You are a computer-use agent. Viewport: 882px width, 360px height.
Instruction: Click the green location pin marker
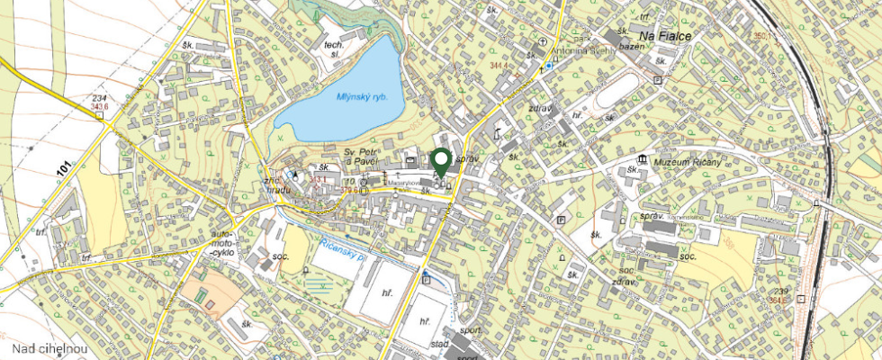(440, 162)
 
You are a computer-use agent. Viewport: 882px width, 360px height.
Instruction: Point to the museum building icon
(641, 158)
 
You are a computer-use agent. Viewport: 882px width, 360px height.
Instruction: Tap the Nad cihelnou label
(49, 348)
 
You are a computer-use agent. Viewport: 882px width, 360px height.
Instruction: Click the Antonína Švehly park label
(585, 50)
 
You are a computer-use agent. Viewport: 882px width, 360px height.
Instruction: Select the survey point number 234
(99, 98)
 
